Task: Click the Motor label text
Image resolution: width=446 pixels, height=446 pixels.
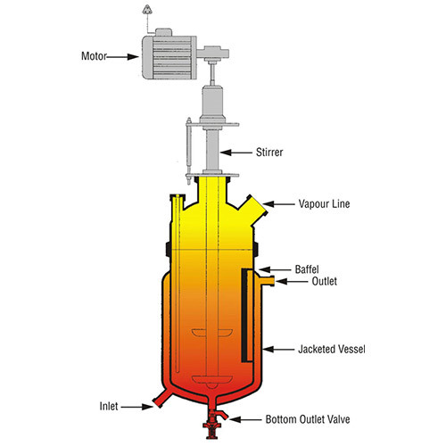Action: pos(94,56)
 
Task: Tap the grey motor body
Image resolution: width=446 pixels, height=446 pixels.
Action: pos(169,57)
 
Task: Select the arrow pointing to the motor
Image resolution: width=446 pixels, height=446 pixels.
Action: pos(122,56)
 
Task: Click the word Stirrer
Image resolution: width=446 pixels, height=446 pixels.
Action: pos(269,153)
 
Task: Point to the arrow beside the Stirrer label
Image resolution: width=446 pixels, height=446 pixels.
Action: pos(236,153)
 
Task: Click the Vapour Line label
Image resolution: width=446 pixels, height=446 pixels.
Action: pos(324,204)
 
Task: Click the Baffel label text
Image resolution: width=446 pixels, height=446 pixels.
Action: pos(307,269)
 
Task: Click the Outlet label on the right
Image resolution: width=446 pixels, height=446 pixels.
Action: pos(325,281)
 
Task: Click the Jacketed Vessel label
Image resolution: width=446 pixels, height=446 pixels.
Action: pos(332,349)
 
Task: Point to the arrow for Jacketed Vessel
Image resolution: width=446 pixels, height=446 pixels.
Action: pos(278,349)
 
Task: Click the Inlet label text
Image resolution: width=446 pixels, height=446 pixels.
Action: pos(109,406)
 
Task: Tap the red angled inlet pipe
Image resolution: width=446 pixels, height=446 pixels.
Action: pos(161,398)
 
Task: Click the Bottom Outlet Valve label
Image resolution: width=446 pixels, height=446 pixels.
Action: pos(308,419)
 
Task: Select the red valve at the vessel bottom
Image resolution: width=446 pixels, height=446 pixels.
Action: pos(213,422)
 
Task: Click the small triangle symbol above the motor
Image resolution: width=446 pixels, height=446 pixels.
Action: pos(147,11)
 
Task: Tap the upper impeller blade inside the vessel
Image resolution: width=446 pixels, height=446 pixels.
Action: pos(212,333)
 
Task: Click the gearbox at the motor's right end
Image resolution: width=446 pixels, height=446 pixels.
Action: pos(213,54)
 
